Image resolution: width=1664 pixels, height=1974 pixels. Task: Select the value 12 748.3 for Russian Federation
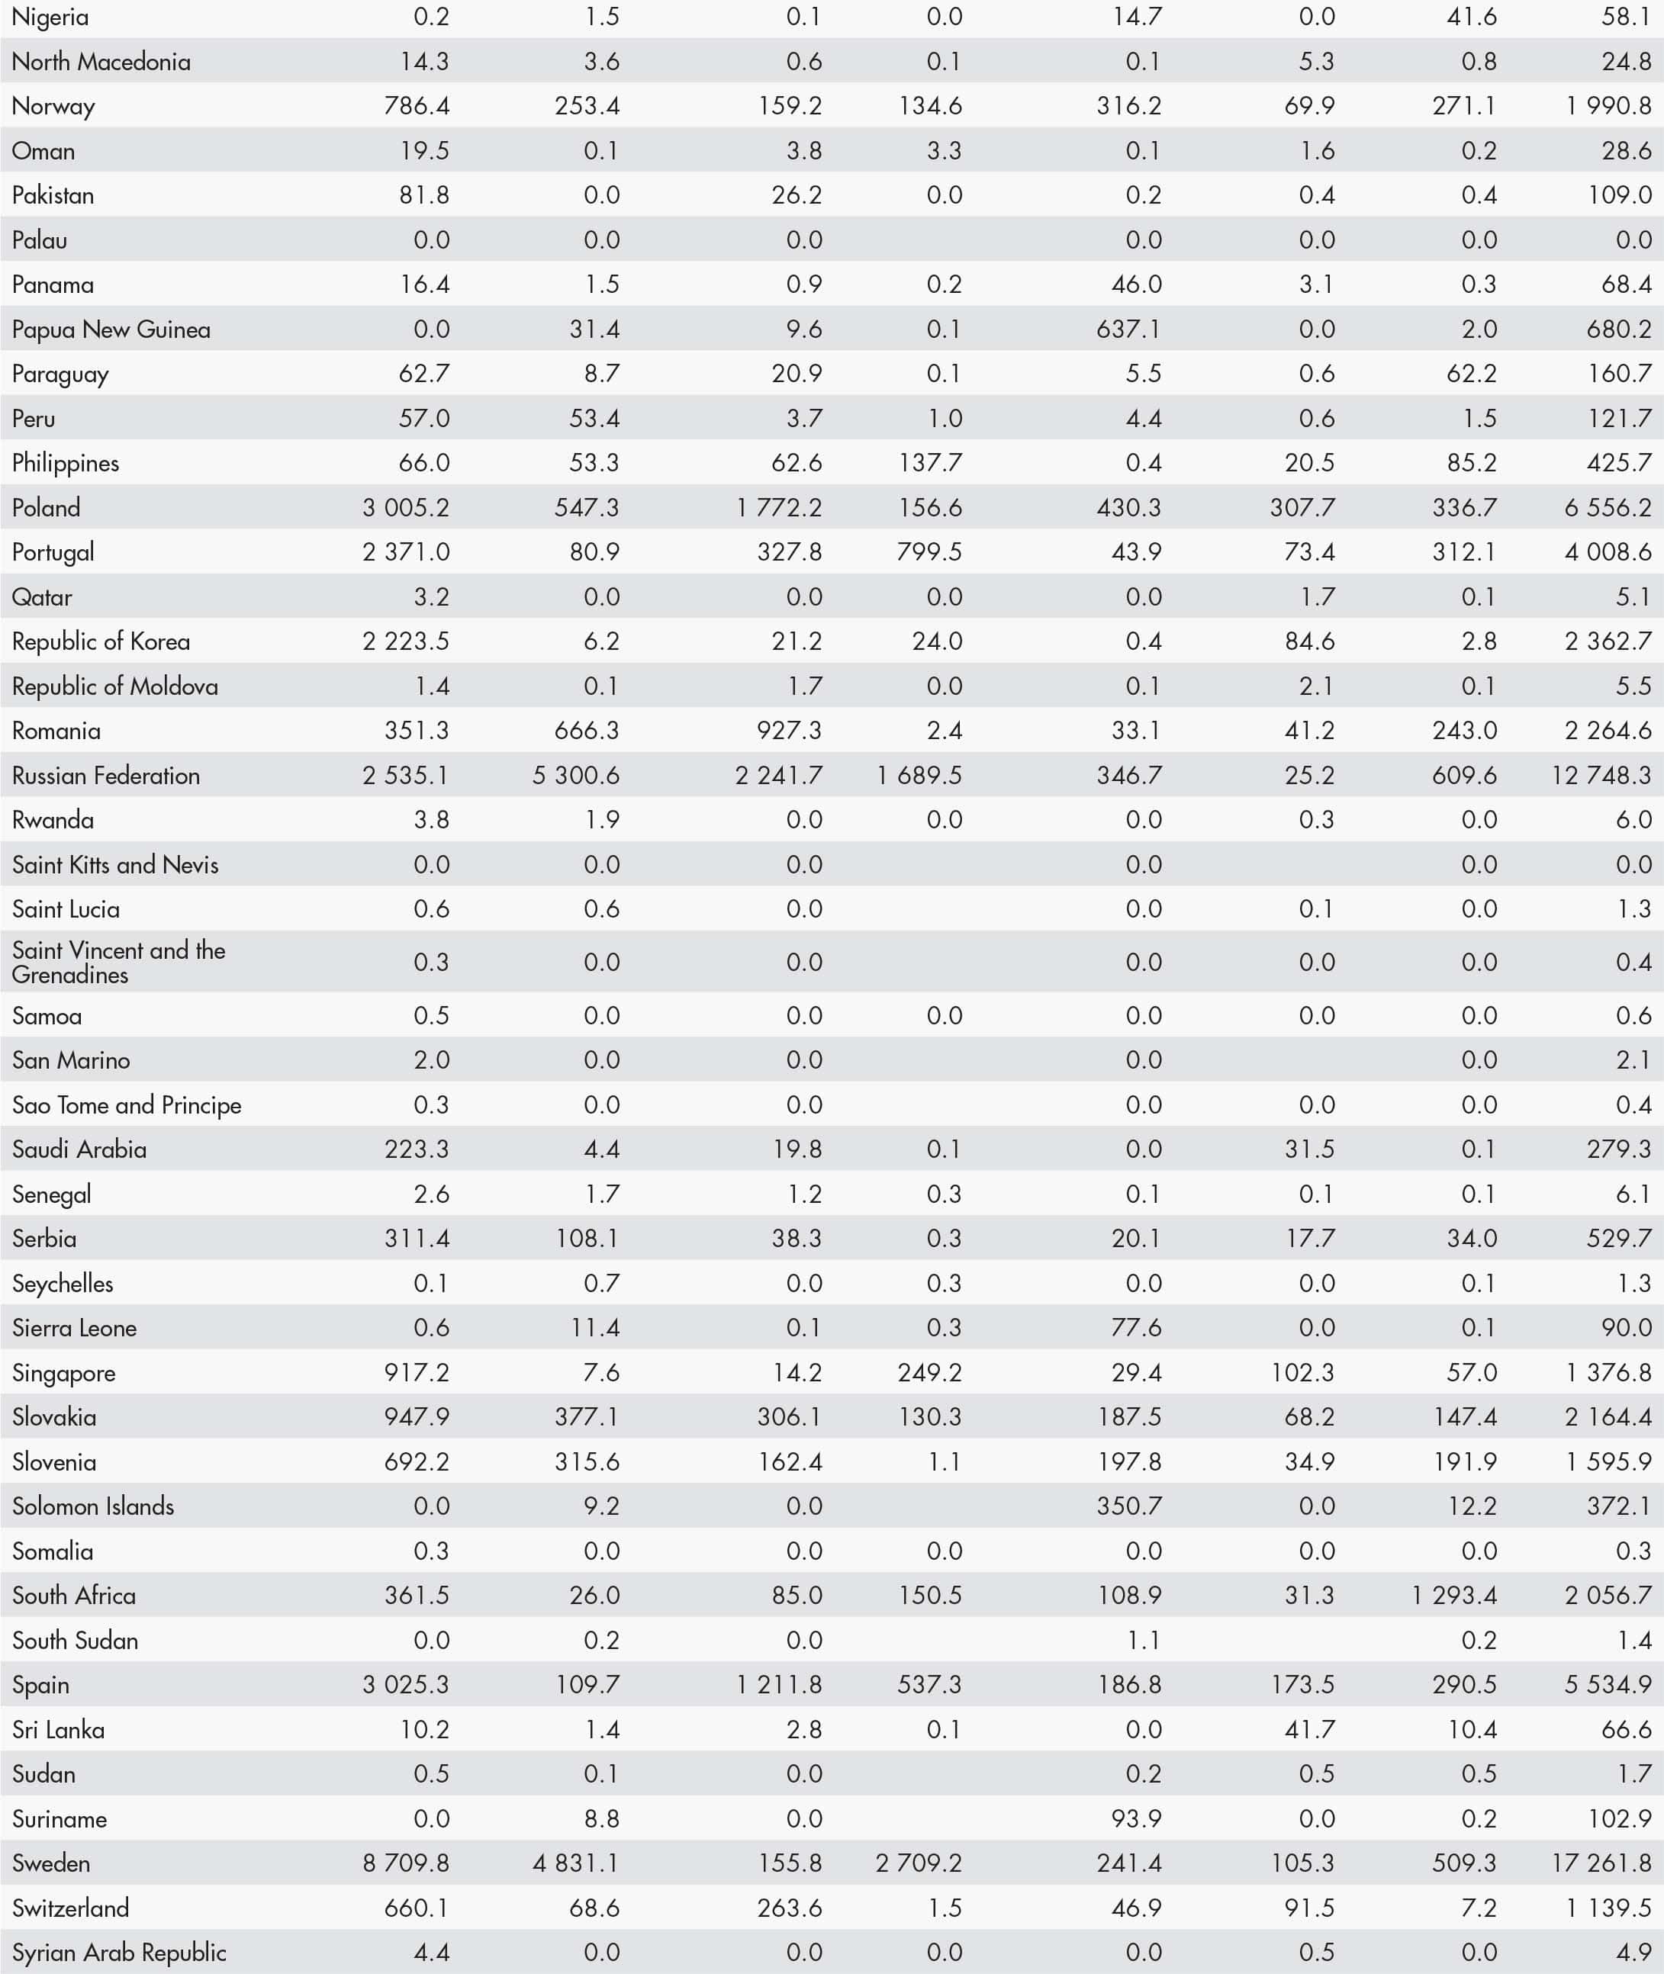pyautogui.click(x=1601, y=775)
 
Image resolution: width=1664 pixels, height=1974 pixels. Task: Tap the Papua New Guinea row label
pyautogui.click(x=111, y=330)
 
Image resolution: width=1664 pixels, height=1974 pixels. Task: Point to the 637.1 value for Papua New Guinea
pyautogui.click(x=1128, y=330)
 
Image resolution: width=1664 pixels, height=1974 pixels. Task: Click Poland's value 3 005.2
pyautogui.click(x=406, y=507)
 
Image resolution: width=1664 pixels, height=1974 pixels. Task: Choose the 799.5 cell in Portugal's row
pyautogui.click(x=929, y=551)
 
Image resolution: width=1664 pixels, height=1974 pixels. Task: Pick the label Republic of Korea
pyautogui.click(x=101, y=641)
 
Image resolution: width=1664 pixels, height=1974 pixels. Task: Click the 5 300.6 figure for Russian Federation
pyautogui.click(x=575, y=775)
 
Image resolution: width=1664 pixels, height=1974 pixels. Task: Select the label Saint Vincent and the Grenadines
pyautogui.click(x=119, y=962)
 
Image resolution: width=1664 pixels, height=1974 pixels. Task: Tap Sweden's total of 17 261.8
pyautogui.click(x=1601, y=1863)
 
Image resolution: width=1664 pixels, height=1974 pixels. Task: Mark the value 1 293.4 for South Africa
pyautogui.click(x=1453, y=1595)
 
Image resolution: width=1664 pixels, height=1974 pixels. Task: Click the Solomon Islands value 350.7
pyautogui.click(x=1128, y=1506)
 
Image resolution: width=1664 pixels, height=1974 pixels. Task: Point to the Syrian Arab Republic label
pyautogui.click(x=119, y=1953)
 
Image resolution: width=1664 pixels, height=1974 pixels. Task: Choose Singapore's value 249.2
pyautogui.click(x=929, y=1372)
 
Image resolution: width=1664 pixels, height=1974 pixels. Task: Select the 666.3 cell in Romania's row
pyautogui.click(x=587, y=731)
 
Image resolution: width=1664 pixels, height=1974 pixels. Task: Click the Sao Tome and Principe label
pyautogui.click(x=127, y=1104)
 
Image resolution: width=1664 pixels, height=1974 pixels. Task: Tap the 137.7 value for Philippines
pyautogui.click(x=929, y=463)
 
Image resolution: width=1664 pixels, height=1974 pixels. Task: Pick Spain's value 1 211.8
pyautogui.click(x=779, y=1684)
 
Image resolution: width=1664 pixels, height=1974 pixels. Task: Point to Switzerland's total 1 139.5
pyautogui.click(x=1608, y=1908)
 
